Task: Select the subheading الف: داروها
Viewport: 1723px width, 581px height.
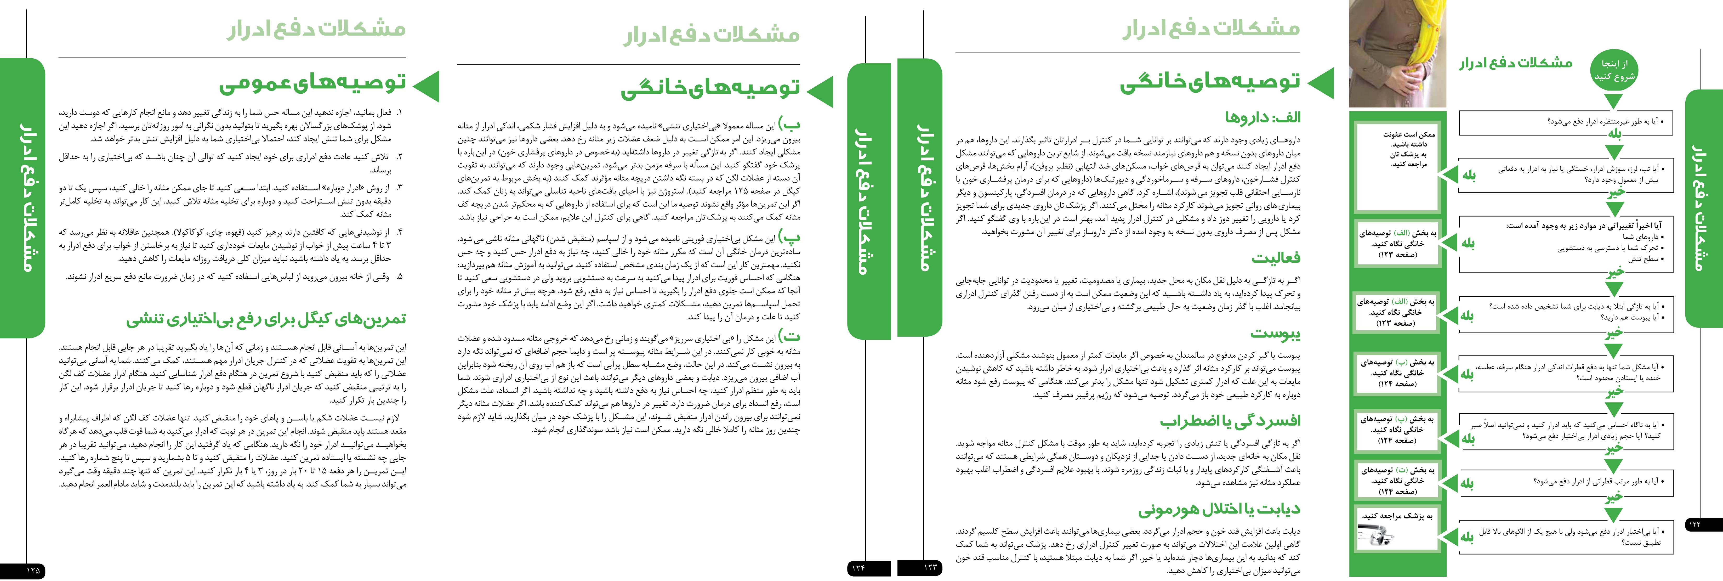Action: [x=1263, y=117]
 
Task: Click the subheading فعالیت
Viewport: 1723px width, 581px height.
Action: [x=1276, y=258]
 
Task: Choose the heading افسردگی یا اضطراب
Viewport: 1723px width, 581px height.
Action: [x=1231, y=421]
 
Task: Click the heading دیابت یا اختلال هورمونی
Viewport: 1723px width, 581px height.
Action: [x=1219, y=509]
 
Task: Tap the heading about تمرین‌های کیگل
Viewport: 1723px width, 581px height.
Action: [x=266, y=319]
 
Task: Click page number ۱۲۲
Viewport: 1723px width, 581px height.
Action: [x=1694, y=524]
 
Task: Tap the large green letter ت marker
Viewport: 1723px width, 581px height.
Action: [x=791, y=337]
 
